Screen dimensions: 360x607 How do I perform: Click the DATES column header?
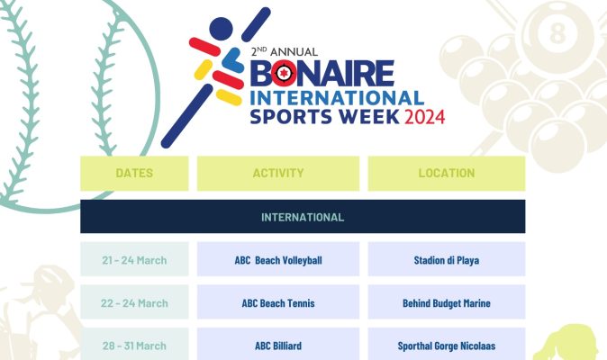[x=134, y=173]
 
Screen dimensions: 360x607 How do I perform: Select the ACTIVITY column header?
[x=277, y=173]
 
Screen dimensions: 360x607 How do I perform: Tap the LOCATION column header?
[x=446, y=173]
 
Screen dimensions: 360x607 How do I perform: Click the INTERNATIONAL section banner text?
[x=302, y=217]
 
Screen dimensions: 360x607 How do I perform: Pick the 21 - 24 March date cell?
[x=134, y=260]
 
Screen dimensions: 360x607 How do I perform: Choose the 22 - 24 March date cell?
[x=134, y=303]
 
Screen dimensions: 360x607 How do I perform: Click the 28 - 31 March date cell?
[x=134, y=346]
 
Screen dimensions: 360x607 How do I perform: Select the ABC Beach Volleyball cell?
[x=277, y=260]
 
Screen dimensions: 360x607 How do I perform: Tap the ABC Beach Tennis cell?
[x=277, y=303]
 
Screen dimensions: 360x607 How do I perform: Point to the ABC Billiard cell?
[x=277, y=346]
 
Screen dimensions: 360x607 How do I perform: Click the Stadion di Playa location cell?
[x=446, y=260]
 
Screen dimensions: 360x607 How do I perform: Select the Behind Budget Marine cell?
[x=446, y=303]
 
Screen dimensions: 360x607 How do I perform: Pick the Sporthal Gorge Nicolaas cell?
[x=446, y=346]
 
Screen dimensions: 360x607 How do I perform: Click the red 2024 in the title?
[x=423, y=117]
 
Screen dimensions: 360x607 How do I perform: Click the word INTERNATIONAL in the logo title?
[x=339, y=96]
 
